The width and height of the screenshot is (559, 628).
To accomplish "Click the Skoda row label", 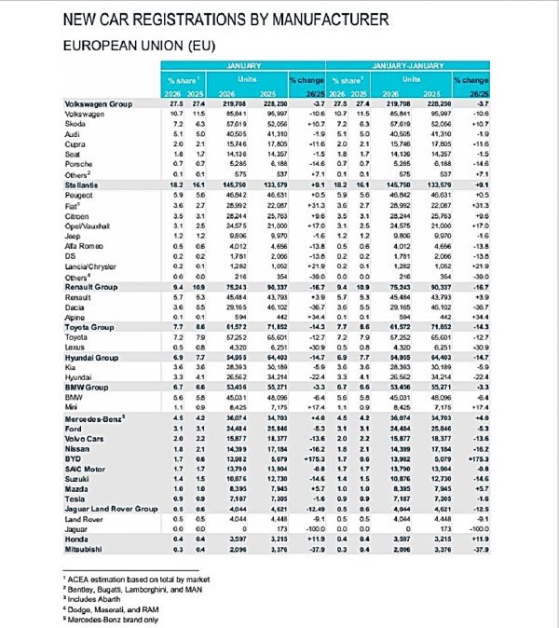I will tap(75, 122).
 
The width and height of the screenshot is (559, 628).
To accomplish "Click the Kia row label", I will tap(71, 367).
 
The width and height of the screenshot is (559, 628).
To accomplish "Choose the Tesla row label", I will tap(74, 489).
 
